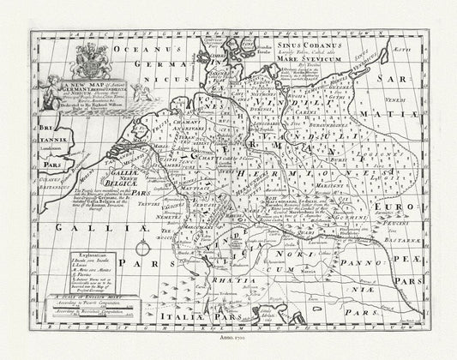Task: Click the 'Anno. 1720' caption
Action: coord(228,340)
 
